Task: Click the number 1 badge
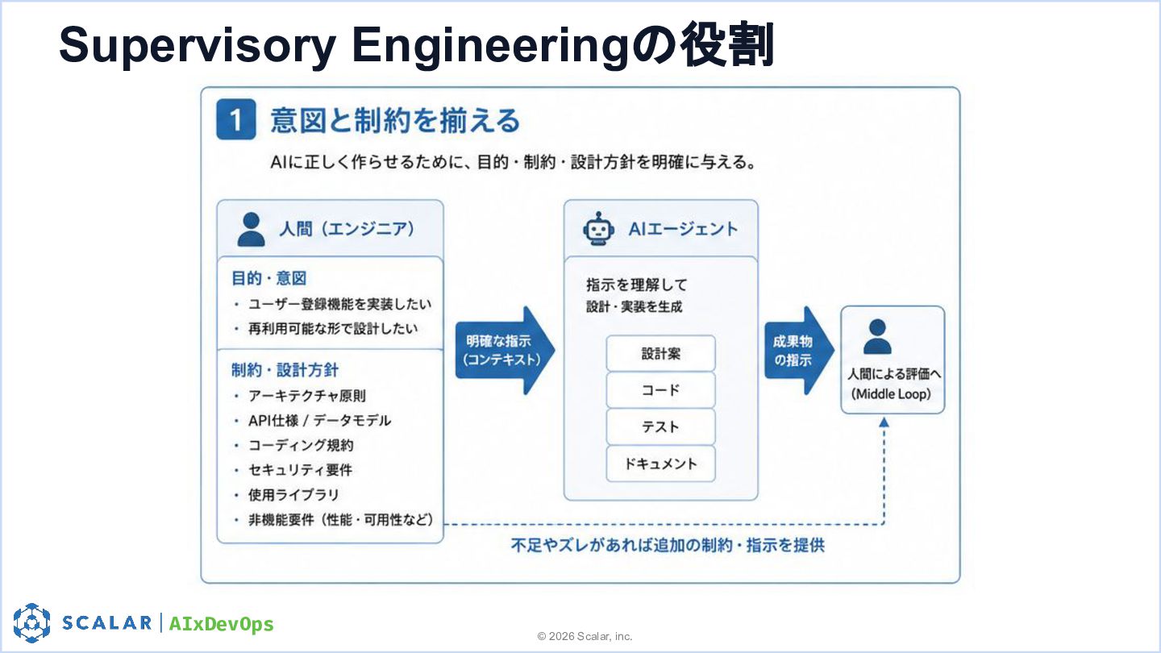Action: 235,119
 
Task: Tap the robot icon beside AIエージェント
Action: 598,229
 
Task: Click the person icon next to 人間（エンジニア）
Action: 251,229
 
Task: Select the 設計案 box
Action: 661,353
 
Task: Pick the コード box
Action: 661,389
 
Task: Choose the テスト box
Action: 661,426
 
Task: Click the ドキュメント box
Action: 661,464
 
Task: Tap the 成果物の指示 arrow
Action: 799,351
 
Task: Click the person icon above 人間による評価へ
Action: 877,336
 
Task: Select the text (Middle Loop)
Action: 891,394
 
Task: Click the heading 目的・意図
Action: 268,278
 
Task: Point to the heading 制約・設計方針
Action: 285,370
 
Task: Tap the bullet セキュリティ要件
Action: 300,470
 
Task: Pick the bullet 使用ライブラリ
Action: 293,495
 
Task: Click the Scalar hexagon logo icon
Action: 31,623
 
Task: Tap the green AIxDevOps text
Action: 221,623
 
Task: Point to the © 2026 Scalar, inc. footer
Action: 585,636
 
